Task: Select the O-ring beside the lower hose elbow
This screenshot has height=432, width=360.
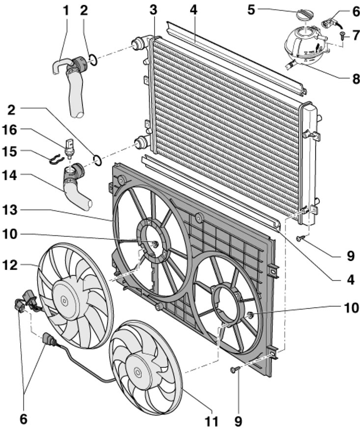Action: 97,160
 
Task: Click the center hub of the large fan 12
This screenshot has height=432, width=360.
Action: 64,299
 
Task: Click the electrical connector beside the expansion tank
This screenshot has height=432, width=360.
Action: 329,22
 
